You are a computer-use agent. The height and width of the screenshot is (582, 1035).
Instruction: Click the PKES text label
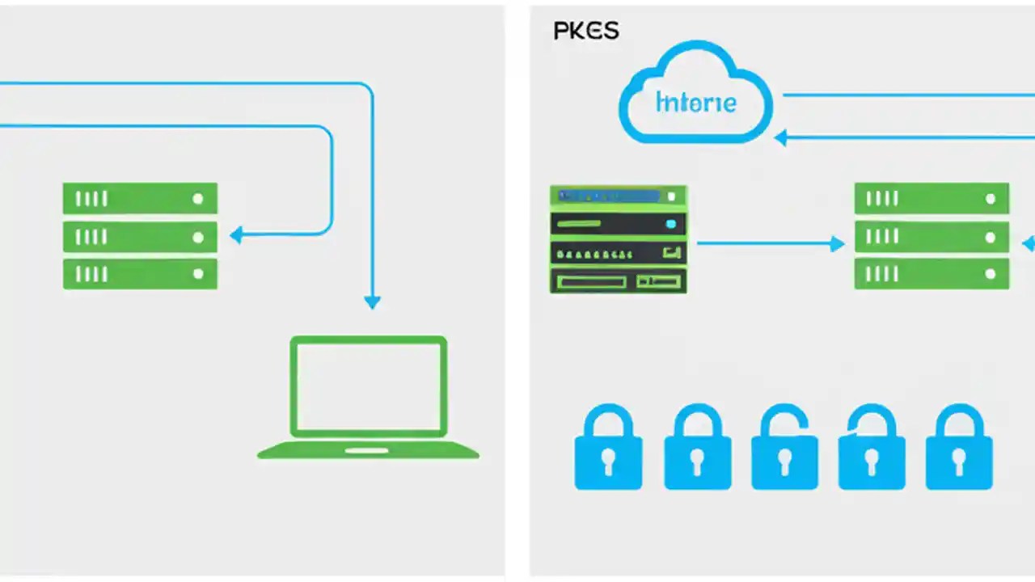tap(586, 31)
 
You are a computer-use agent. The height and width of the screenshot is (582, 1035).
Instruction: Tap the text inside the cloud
tap(696, 103)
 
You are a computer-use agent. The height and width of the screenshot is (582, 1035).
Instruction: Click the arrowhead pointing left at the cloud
tap(781, 138)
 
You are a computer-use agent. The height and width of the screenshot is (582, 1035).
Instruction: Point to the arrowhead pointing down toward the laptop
tap(372, 302)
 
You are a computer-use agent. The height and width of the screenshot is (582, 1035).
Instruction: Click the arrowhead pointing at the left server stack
tap(236, 236)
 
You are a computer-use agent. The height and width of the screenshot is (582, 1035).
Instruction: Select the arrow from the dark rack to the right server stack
tap(768, 242)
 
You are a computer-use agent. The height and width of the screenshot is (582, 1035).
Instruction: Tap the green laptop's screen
tap(368, 386)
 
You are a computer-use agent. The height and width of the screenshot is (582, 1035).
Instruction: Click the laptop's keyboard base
tap(368, 449)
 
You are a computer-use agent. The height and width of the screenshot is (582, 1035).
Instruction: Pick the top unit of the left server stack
tap(140, 198)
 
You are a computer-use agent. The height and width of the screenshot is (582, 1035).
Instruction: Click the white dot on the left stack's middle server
tap(197, 237)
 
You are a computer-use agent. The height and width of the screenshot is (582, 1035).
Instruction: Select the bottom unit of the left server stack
tap(140, 274)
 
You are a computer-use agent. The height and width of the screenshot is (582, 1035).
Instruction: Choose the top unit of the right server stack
tap(931, 198)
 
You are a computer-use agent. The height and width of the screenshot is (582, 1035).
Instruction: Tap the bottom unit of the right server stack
tap(931, 274)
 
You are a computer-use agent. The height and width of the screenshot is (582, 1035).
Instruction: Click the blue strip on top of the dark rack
tap(610, 196)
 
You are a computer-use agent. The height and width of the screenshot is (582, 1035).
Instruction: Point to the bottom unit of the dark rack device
tap(619, 281)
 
